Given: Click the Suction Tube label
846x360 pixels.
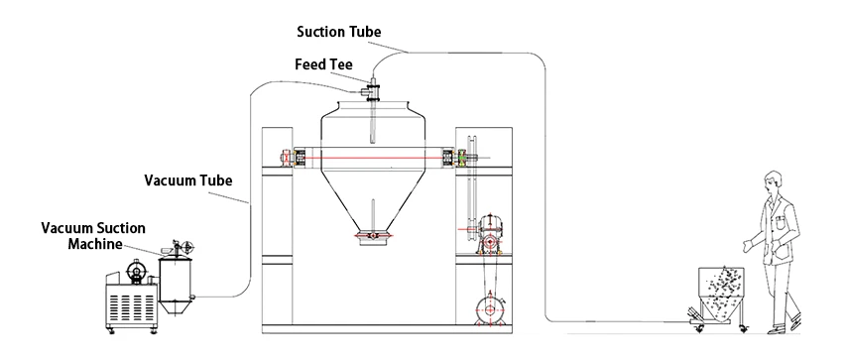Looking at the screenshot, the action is click(x=339, y=32).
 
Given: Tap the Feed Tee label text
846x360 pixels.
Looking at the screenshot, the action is click(x=323, y=64).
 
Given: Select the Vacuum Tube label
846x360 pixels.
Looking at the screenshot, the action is click(x=188, y=180).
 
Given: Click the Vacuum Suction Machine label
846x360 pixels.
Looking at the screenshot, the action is click(x=93, y=236).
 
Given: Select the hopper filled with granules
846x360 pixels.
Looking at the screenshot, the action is click(x=720, y=292).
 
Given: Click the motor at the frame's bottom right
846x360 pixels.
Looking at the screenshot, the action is click(x=489, y=308).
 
